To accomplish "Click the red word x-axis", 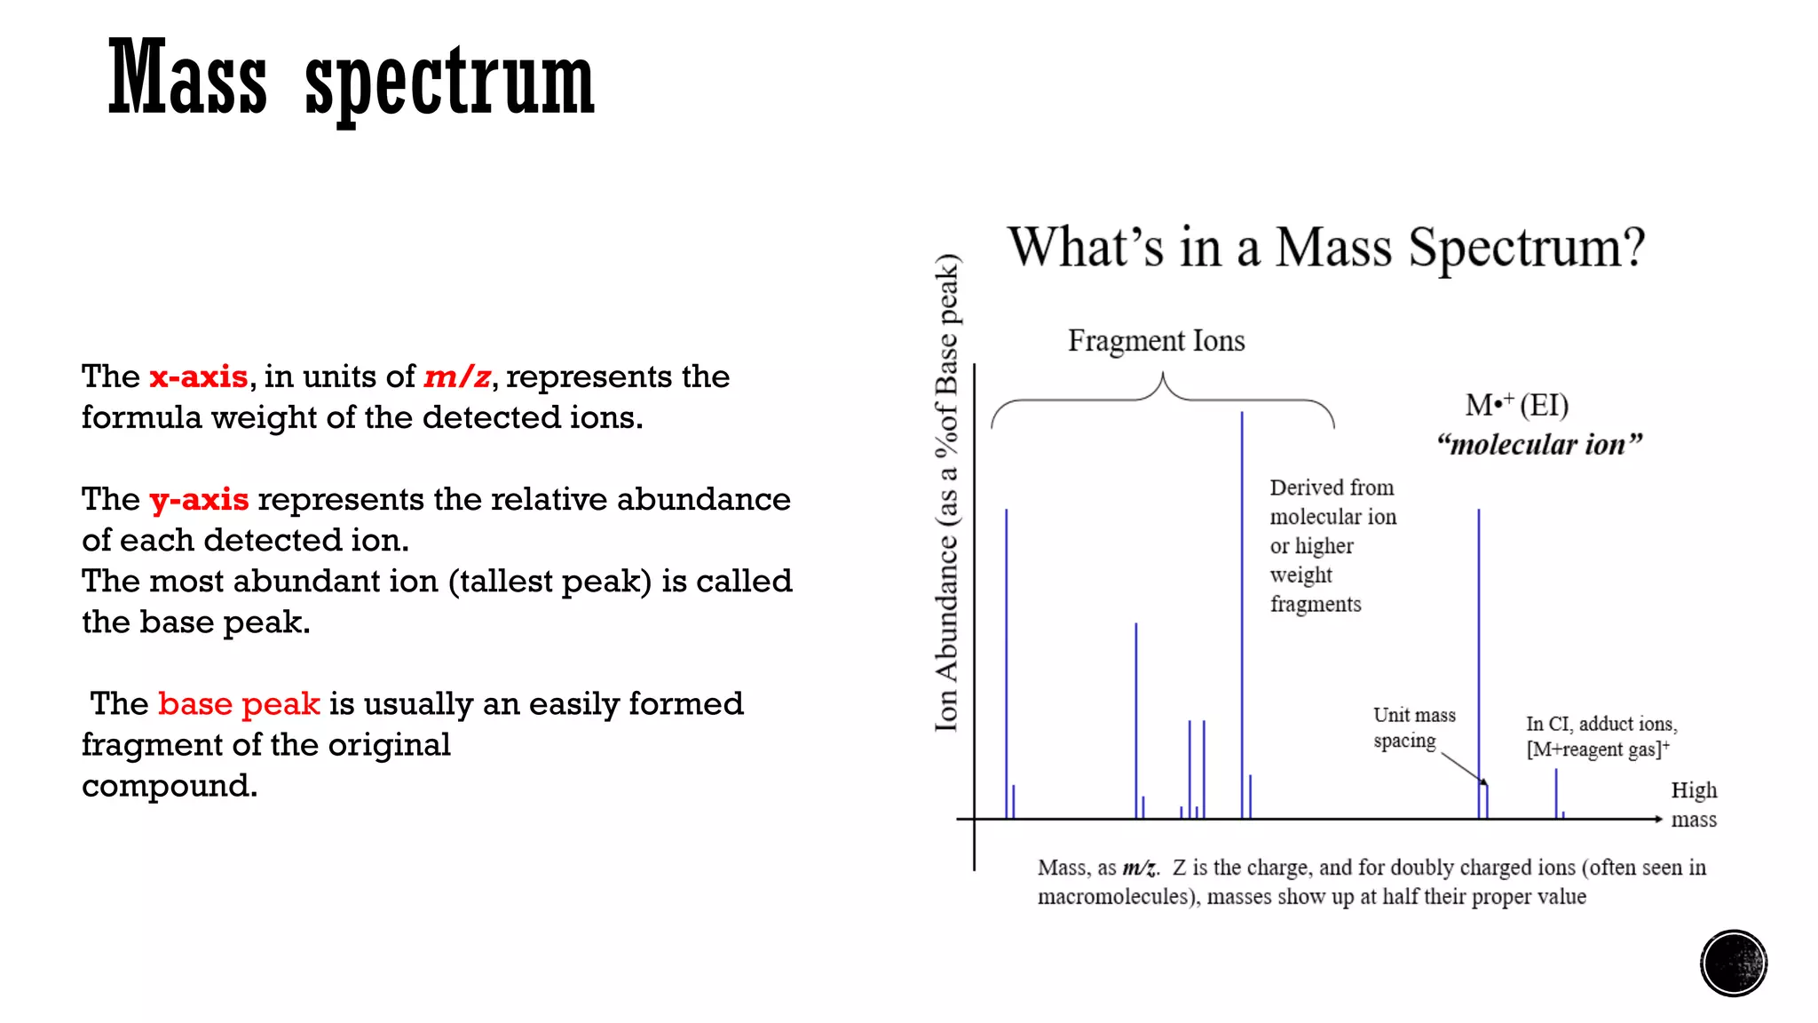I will pos(198,377).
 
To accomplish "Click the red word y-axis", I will pos(199,499).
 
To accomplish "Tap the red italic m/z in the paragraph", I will pos(457,377).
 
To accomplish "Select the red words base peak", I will pos(239,703).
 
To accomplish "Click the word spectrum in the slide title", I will pos(449,82).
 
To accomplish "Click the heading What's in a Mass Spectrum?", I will pos(1325,247).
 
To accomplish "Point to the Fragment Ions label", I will pos(1156,341).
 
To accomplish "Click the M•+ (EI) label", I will pos(1516,406).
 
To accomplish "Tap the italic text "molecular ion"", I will pos(1539,444).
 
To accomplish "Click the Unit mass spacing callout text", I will pos(1413,727).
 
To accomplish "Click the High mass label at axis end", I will pos(1694,805).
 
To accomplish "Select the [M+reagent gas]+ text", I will pos(1597,749).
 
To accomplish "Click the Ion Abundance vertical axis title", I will pos(947,493).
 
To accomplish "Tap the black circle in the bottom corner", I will pos(1734,964).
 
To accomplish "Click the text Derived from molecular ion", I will pos(1332,502).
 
